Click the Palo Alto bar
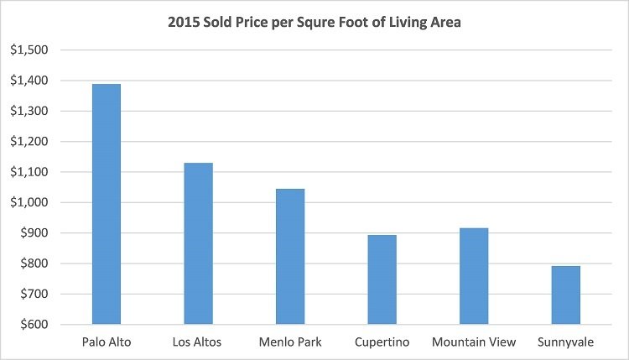pyautogui.click(x=107, y=204)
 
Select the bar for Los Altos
pyautogui.click(x=199, y=243)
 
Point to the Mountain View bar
pyautogui.click(x=474, y=276)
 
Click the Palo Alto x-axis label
pyautogui.click(x=107, y=342)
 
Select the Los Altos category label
pyautogui.click(x=199, y=342)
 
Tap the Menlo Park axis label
pyautogui.click(x=290, y=342)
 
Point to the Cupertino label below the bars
pyautogui.click(x=382, y=342)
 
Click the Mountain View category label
pyautogui.click(x=474, y=342)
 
